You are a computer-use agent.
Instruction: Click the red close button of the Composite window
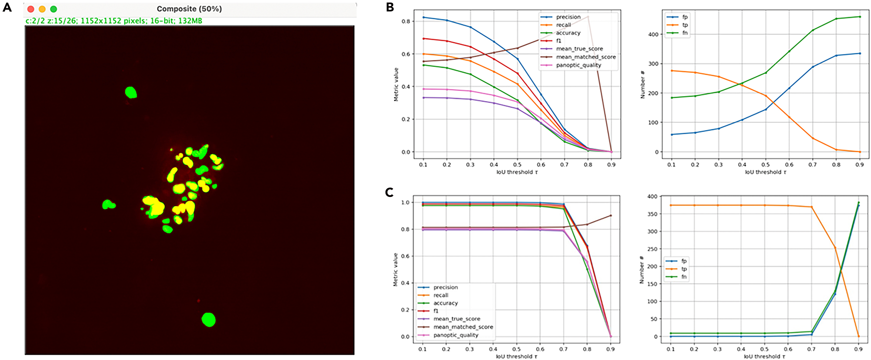[31, 9]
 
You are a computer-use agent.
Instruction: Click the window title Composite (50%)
[189, 9]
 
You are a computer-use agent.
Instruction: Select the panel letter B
[390, 7]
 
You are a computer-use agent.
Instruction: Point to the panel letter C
[389, 192]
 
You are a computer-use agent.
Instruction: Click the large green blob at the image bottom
[209, 320]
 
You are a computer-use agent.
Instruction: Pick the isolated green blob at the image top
[131, 92]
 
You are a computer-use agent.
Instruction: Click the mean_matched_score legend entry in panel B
[586, 57]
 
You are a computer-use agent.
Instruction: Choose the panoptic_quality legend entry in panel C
[456, 335]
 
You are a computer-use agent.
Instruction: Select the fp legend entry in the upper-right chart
[685, 17]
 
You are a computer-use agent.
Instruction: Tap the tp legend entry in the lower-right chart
[684, 269]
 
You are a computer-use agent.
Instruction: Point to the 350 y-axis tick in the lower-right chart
[652, 214]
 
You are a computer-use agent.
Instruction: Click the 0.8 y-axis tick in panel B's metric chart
[406, 21]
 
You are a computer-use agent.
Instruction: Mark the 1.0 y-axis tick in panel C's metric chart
[405, 202]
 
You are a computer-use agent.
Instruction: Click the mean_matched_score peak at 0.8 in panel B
[588, 17]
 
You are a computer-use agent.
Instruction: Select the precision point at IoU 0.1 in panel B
[423, 17]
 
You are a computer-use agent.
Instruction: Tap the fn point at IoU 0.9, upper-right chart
[859, 17]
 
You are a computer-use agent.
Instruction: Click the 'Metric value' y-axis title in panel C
[395, 269]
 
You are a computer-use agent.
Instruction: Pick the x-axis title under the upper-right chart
[766, 172]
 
